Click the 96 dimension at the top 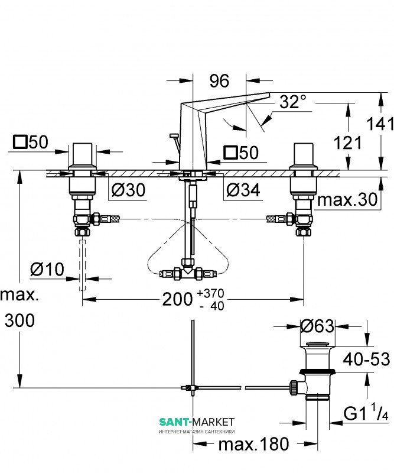[219, 81]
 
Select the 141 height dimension [380, 124]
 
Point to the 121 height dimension [347, 142]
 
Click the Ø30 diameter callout [128, 190]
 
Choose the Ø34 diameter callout [243, 190]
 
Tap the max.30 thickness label [347, 199]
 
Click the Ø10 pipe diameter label [47, 269]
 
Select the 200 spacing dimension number [177, 299]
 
